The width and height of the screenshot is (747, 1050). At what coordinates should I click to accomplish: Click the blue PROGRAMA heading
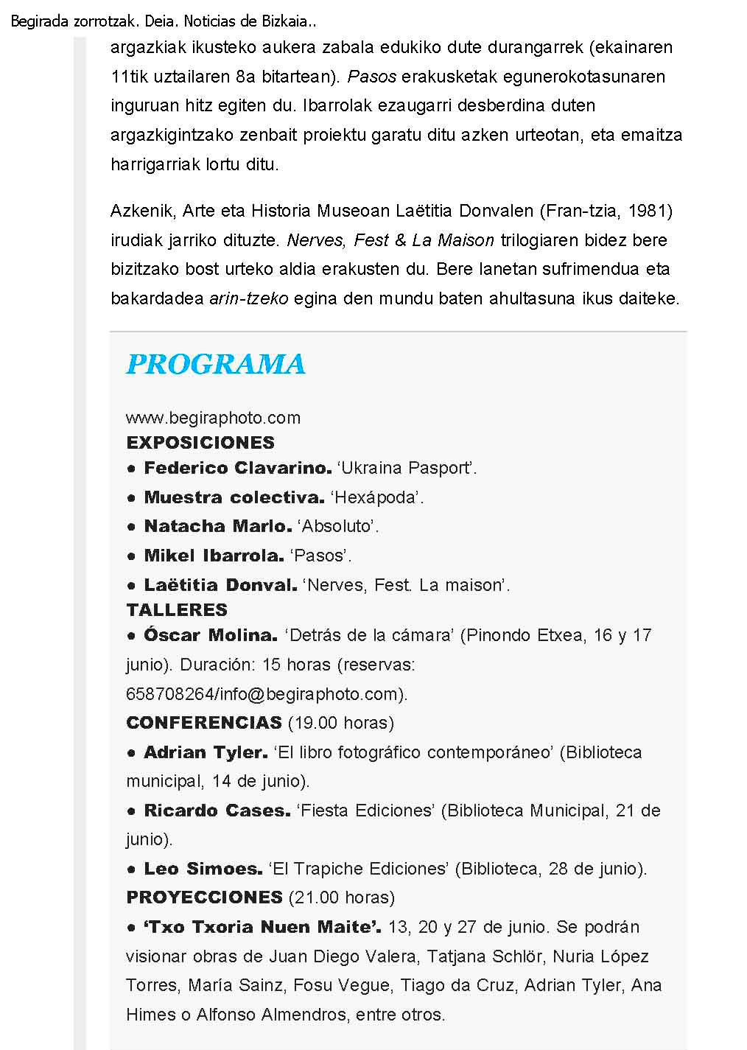215,364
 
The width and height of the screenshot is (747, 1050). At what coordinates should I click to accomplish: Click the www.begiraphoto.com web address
213,418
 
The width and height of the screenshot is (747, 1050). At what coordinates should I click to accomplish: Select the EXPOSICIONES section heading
200,443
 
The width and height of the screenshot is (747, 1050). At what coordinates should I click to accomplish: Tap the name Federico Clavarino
237,468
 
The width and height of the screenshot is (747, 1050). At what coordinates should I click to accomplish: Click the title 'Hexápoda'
377,497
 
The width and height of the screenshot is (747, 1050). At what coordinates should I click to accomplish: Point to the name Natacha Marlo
217,526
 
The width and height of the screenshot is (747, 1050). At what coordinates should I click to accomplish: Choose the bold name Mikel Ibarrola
214,556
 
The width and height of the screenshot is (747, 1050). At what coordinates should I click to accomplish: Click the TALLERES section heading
177,610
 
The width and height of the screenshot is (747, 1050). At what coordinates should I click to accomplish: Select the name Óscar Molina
210,635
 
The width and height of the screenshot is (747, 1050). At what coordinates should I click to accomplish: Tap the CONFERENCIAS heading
204,723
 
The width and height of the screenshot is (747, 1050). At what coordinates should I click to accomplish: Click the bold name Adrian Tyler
206,752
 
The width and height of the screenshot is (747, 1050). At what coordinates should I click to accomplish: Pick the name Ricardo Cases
217,811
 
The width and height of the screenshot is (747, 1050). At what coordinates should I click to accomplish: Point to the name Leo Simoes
203,869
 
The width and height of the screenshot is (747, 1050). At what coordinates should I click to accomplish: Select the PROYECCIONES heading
204,897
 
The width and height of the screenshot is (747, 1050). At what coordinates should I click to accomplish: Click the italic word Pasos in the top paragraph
372,77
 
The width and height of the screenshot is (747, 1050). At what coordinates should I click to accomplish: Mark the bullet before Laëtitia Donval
131,586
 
